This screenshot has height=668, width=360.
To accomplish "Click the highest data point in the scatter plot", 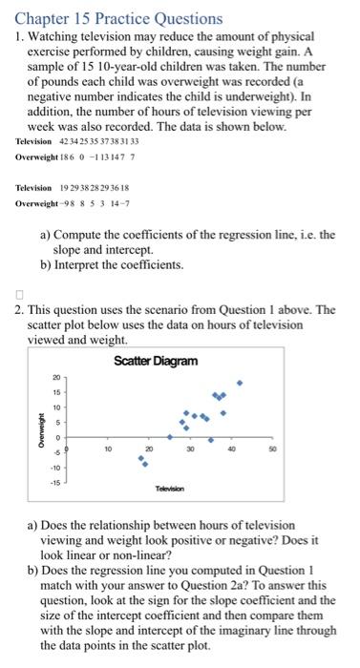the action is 240,384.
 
